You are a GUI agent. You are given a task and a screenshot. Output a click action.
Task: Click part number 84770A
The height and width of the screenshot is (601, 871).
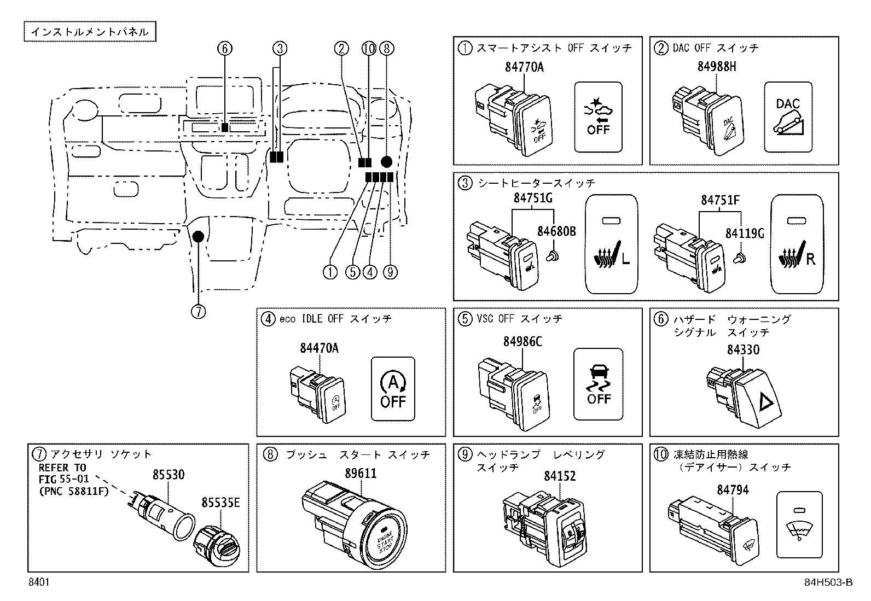524,68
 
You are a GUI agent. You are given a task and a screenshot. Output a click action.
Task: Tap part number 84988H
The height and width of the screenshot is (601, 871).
717,67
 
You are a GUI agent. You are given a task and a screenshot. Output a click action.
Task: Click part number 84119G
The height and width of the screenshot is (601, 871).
745,233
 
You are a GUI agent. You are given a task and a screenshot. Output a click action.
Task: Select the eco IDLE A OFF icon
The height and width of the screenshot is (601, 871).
393,389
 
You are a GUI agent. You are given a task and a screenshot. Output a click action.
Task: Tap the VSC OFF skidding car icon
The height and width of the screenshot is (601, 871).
599,383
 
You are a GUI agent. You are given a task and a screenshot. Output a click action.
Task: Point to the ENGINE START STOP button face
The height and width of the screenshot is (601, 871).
385,540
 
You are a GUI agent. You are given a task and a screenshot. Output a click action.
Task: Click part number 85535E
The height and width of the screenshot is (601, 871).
220,501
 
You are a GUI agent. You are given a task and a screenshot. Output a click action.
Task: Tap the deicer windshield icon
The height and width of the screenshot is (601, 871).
799,524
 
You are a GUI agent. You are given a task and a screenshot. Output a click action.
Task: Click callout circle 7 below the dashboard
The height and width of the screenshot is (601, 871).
198,312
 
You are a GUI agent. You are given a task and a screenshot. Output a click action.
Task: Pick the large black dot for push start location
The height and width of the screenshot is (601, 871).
386,161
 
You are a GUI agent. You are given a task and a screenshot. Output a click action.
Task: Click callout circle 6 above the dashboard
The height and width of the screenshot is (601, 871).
224,49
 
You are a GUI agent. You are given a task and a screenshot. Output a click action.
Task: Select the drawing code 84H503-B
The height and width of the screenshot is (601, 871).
828,582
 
